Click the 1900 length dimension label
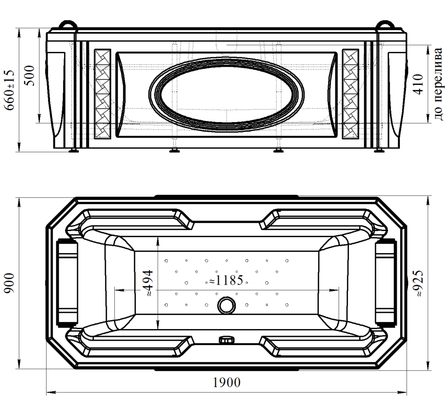pos(226,383)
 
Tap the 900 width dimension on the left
pos(10,283)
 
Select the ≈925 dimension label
pos(419,284)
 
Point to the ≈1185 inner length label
pos(226,280)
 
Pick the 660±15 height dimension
pos(9,90)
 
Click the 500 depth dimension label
pos(29,76)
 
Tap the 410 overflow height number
pos(418,84)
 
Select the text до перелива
pos(438,84)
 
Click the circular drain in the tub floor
pos(226,305)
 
